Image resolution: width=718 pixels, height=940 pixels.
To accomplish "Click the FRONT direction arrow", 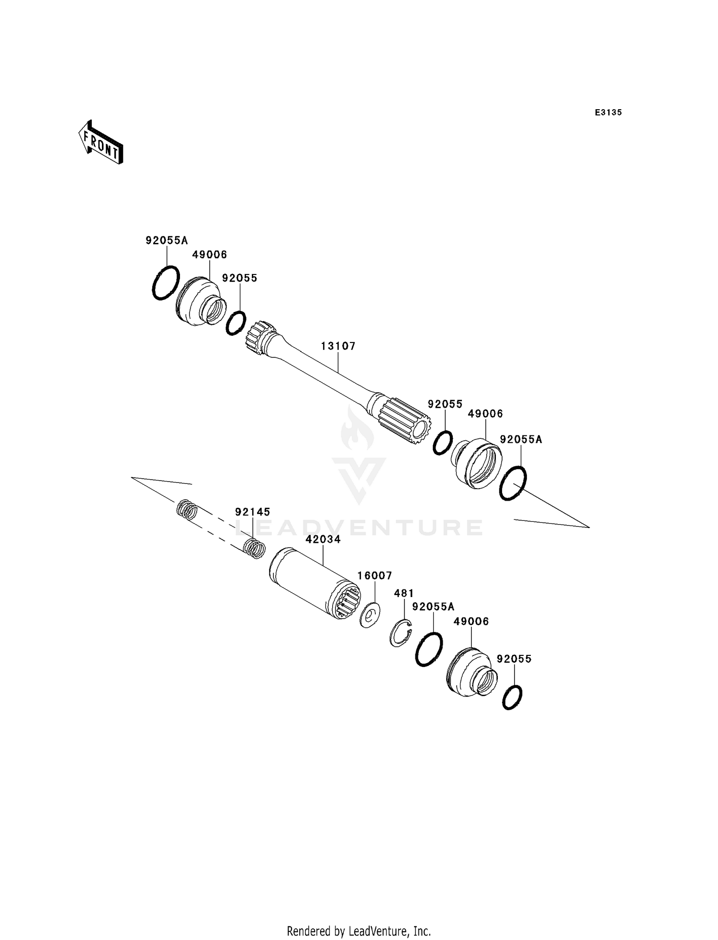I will (x=101, y=142).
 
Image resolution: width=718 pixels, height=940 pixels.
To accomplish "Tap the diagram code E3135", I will (x=608, y=113).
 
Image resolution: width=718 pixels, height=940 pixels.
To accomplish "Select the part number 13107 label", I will (x=338, y=346).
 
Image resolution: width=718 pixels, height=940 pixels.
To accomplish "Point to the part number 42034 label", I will (x=323, y=539).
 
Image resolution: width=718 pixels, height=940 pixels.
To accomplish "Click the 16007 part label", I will (x=375, y=575).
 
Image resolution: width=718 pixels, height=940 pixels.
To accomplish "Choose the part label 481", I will (x=404, y=593).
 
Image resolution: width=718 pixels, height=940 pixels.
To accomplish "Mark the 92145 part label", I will (x=252, y=512).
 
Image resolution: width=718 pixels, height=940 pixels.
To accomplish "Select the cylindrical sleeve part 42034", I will (x=314, y=584).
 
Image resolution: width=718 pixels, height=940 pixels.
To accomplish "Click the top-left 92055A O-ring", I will (x=166, y=283).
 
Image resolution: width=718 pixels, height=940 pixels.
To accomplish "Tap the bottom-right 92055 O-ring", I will (x=512, y=697).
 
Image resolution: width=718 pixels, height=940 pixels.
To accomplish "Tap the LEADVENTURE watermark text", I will (x=359, y=527).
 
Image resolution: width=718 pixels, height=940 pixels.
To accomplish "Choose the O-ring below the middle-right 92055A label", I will (x=513, y=483).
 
